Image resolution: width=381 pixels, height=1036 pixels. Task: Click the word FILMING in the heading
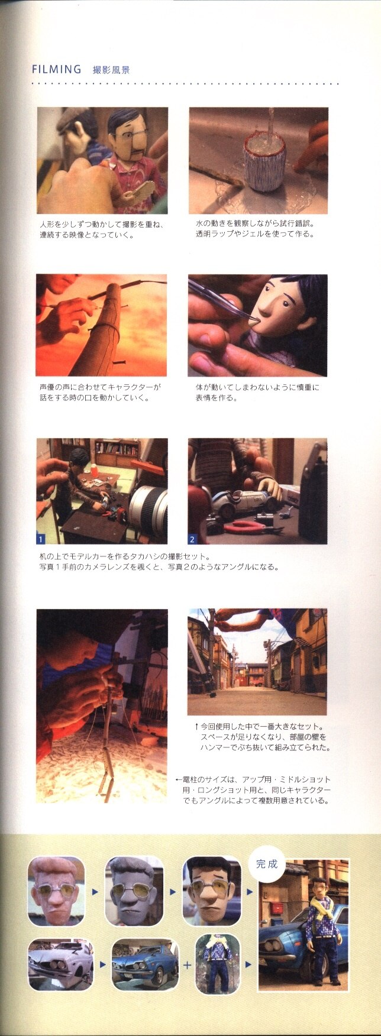pos(56,69)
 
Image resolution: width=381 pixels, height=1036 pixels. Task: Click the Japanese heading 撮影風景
pos(111,70)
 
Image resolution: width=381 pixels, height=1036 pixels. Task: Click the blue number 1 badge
pos(41,539)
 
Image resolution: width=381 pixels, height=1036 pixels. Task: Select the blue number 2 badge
pos(192,539)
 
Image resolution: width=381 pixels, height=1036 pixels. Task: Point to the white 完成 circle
pos(266,864)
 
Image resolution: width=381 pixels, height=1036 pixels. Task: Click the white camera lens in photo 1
pos(148,506)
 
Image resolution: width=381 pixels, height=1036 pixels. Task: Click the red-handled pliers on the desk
pos(238,526)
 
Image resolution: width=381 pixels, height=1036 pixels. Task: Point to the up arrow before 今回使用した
pos(196,726)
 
